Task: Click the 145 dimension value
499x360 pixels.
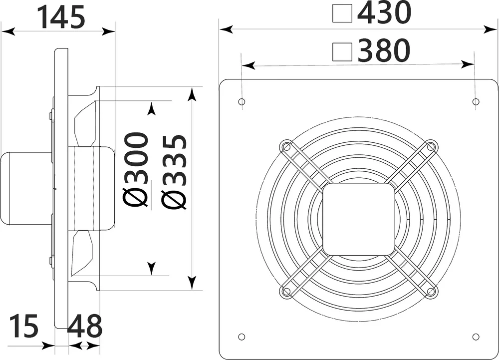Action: pos(61,17)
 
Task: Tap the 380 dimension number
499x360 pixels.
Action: pos(383,50)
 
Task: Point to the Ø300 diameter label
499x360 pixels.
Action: pos(136,170)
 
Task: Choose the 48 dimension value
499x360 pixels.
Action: pos(85,326)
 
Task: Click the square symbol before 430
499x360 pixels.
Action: pos(342,13)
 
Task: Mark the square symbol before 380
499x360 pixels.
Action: pos(342,51)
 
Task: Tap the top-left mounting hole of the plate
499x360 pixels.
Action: pos(242,102)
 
